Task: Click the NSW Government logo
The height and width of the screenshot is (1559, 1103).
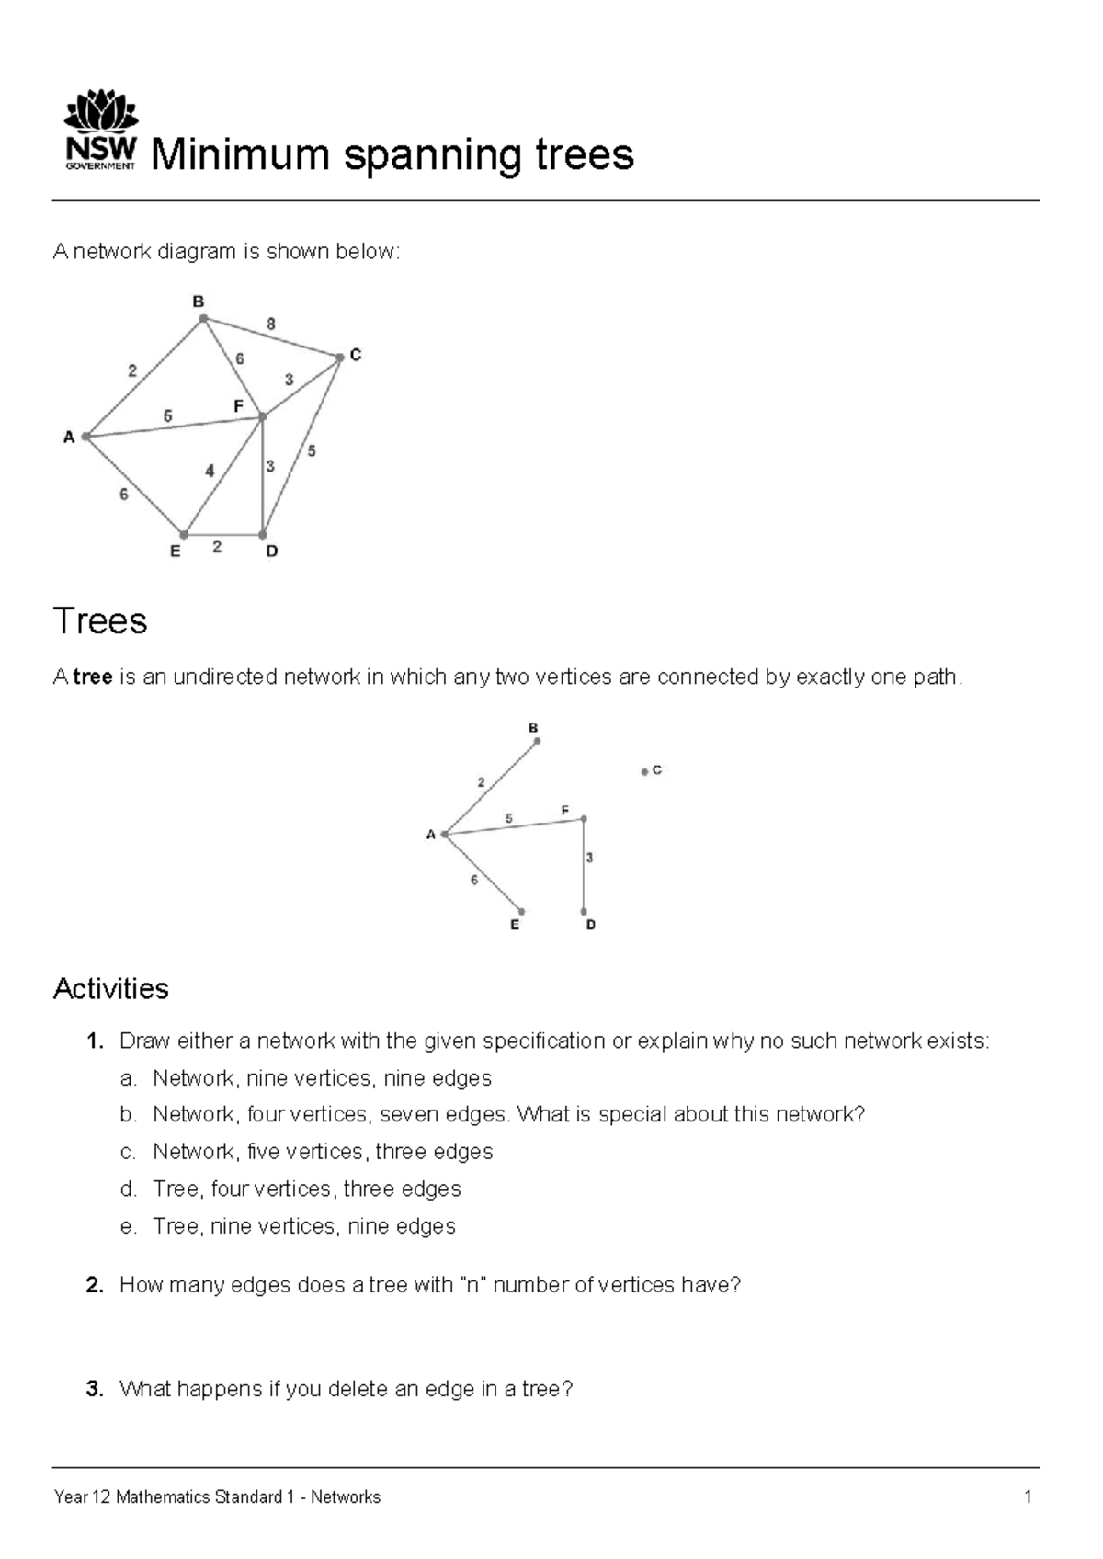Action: (x=100, y=131)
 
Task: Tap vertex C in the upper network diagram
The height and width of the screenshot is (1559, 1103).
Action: (x=339, y=358)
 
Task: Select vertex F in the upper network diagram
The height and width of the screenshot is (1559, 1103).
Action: (x=262, y=417)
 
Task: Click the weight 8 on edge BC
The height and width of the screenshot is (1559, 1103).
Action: (x=271, y=324)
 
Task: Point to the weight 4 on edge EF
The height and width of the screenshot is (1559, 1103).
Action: (x=210, y=471)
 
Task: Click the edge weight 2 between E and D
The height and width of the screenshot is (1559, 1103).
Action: (x=217, y=547)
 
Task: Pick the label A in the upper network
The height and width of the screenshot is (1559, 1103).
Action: (x=69, y=438)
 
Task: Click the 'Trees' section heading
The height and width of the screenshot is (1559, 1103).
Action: (x=100, y=621)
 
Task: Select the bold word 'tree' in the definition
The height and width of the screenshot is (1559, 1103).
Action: (x=93, y=677)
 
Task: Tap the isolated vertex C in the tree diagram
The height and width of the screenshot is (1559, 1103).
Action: (x=644, y=771)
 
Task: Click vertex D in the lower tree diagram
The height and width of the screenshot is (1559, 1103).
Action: (x=584, y=912)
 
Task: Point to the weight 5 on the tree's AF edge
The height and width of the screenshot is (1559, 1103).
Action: (x=509, y=818)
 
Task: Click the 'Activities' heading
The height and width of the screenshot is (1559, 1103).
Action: (x=111, y=989)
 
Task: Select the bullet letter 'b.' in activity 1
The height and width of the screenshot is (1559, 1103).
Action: (x=129, y=1115)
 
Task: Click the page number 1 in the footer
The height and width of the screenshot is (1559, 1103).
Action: (x=1028, y=1497)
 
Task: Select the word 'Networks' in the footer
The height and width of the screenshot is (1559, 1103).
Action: (x=346, y=1497)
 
